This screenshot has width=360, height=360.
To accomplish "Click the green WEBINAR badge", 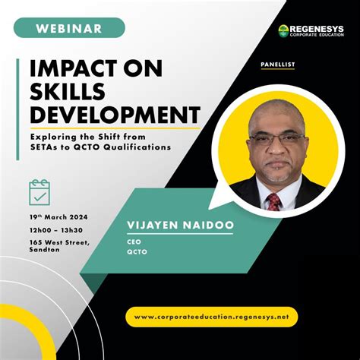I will (68, 28).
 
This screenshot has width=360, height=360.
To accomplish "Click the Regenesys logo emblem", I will (283, 31).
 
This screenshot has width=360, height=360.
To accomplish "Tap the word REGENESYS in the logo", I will (317, 29).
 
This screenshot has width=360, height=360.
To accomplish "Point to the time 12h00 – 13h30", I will (58, 230).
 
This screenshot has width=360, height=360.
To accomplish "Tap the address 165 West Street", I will (62, 242).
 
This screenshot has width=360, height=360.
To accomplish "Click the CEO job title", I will (131, 240).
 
